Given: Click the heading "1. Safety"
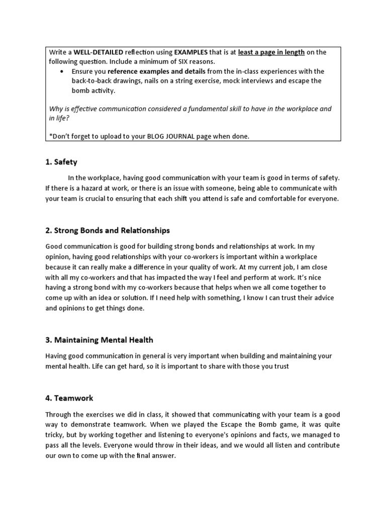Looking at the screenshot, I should click(61, 162).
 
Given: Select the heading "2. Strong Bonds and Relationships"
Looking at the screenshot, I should click(108, 230).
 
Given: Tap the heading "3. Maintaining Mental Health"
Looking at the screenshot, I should click(99, 340).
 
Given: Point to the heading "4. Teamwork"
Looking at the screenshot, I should click(69, 398).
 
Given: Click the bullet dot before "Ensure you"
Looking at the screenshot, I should click(61, 71).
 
